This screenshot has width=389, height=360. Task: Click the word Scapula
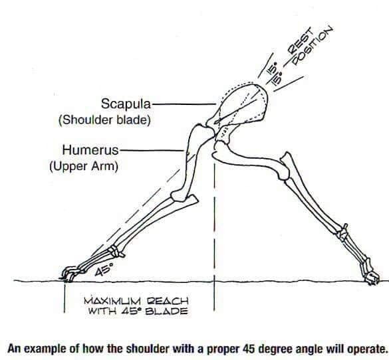click(x=126, y=104)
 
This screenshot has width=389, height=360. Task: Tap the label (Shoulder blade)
click(x=104, y=120)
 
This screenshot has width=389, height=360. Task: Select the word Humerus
click(x=90, y=150)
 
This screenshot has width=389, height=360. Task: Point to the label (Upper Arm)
click(x=84, y=166)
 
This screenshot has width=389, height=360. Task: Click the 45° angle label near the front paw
click(x=104, y=270)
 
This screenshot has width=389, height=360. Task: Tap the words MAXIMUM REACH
click(x=136, y=302)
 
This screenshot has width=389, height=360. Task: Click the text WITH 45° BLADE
click(x=138, y=311)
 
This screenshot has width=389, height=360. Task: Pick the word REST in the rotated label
click(x=301, y=41)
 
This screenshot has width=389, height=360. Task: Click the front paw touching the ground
click(x=70, y=274)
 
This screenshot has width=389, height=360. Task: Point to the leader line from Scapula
click(x=184, y=104)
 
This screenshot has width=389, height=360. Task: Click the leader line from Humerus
click(x=152, y=150)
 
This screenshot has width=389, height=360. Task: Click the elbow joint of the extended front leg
click(x=179, y=196)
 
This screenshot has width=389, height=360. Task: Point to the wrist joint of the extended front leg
click(x=116, y=250)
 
